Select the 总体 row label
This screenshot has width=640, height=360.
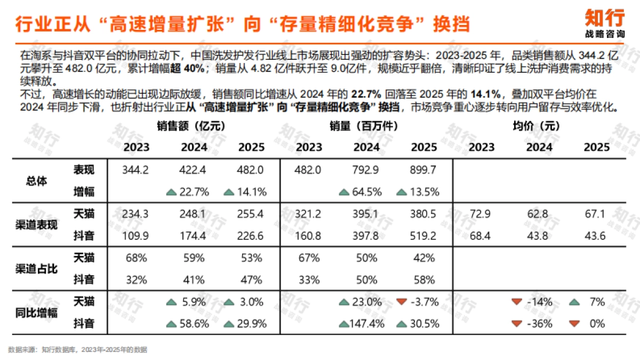(x=36, y=181)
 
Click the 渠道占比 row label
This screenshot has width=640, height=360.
(x=36, y=268)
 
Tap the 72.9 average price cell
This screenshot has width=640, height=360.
(x=480, y=214)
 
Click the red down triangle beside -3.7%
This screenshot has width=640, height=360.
(x=402, y=302)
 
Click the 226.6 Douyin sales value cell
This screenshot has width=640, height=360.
(x=250, y=235)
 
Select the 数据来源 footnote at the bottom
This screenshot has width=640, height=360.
(x=77, y=350)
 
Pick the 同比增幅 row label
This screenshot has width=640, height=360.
(x=36, y=313)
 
